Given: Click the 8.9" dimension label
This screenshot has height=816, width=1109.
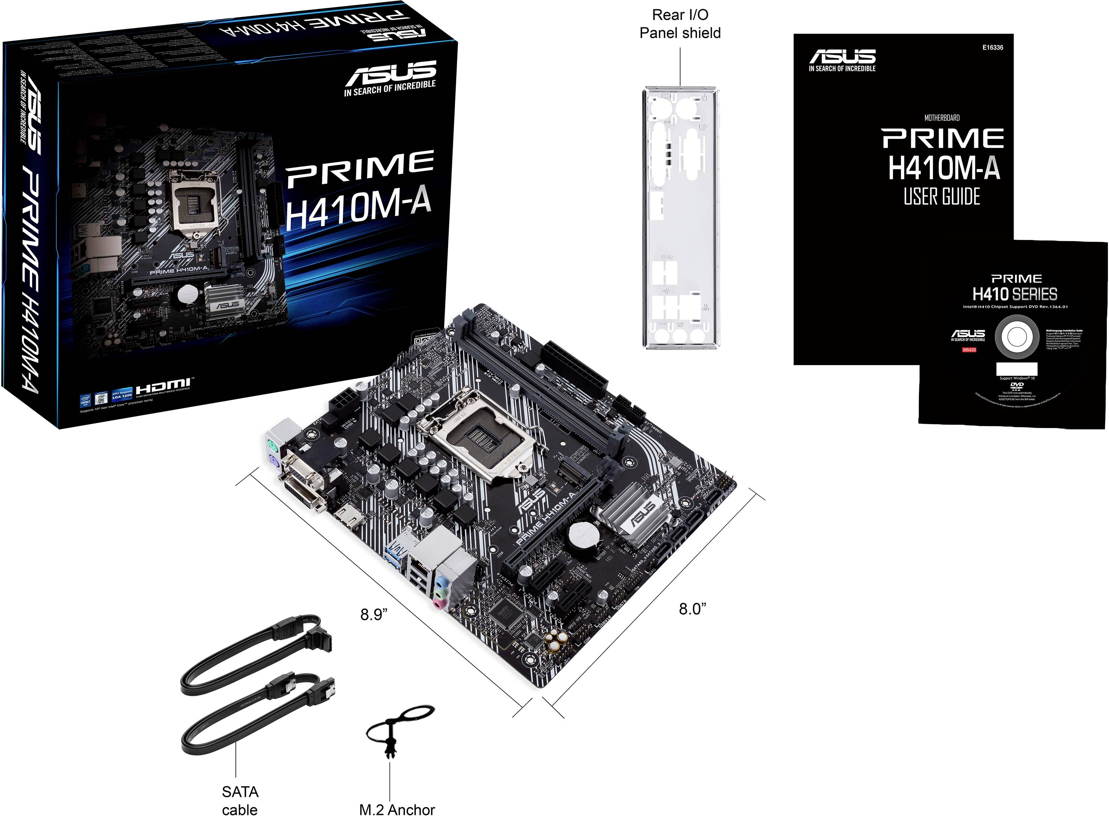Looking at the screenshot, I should tap(374, 615).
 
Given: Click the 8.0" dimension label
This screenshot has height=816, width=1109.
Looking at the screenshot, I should tap(692, 609).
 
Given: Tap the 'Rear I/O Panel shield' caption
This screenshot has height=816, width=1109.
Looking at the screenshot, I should tap(680, 24).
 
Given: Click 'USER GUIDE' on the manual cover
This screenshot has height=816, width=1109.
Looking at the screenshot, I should tap(942, 196).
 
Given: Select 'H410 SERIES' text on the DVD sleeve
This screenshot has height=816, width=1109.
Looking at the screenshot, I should tap(1015, 295).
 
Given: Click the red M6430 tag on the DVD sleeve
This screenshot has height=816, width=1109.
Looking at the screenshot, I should tap(969, 350).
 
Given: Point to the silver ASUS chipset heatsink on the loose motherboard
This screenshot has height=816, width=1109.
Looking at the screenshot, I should tap(637, 514).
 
